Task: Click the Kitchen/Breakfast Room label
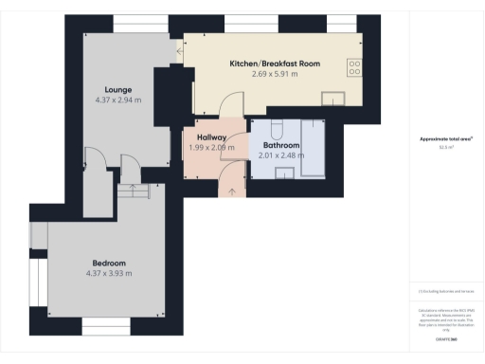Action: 275,64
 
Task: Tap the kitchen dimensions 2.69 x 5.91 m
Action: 275,74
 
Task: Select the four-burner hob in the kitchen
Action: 355,67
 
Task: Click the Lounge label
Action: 117,88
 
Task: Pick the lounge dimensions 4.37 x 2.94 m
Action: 117,99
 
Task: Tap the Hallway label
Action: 211,137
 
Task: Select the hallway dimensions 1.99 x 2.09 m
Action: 211,148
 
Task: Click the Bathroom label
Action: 281,145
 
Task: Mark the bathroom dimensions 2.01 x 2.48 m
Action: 281,155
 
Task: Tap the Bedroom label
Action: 109,263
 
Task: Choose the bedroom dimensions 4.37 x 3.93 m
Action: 109,273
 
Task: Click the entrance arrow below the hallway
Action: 234,191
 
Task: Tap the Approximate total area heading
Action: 446,139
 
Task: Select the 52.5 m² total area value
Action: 446,148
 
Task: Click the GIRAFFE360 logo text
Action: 446,338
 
